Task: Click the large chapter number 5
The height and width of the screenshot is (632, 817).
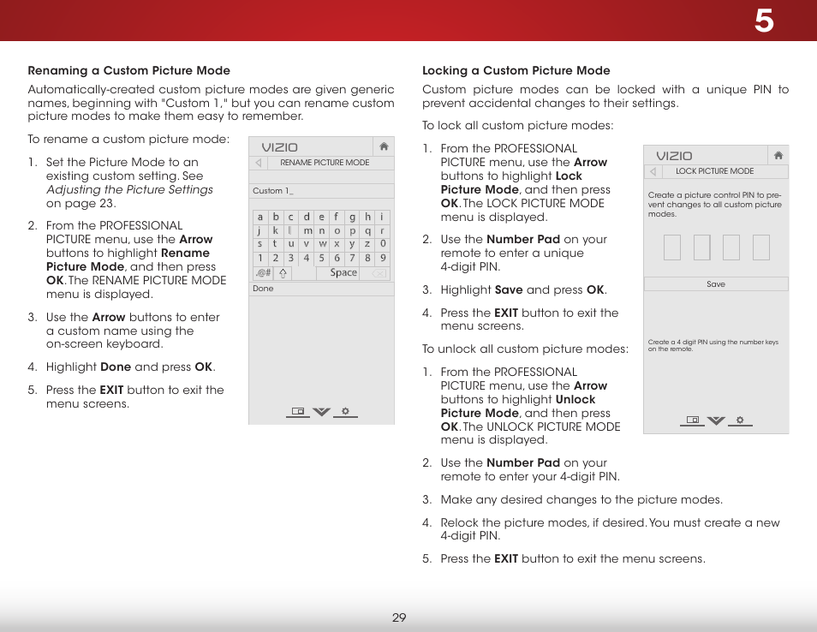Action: tap(763, 21)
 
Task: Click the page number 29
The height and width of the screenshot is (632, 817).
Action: tap(399, 617)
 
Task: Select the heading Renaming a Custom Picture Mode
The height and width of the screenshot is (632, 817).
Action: tap(128, 70)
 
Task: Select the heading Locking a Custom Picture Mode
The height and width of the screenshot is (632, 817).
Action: tap(516, 70)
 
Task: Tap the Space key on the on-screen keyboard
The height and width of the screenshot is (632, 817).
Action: tap(343, 273)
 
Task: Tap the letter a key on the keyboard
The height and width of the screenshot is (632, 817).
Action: tap(260, 218)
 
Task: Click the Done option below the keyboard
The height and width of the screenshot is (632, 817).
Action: tap(263, 289)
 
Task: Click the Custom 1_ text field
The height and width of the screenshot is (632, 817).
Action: tap(321, 191)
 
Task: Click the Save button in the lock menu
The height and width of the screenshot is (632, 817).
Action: tap(716, 284)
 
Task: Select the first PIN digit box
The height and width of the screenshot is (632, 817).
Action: tap(671, 247)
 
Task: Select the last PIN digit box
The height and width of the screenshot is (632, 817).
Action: tap(760, 247)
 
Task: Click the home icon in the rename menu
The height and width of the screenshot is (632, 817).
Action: tap(385, 147)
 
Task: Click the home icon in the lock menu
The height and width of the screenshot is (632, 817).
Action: tap(778, 156)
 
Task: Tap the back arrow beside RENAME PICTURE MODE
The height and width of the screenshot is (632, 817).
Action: tap(259, 163)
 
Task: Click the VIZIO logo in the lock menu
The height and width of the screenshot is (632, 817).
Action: tap(674, 156)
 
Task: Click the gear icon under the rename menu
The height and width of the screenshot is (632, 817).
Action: tap(345, 411)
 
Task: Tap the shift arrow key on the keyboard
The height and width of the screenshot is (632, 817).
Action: tap(283, 273)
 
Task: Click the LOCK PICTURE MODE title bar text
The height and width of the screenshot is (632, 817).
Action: tap(714, 171)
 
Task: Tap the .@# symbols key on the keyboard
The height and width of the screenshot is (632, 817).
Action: tap(262, 273)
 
